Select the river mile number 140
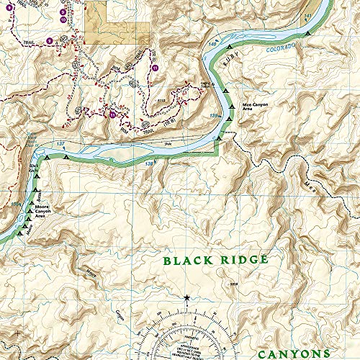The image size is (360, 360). (212, 46)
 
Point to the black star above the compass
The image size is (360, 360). (186, 297)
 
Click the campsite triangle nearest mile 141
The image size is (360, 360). (307, 33)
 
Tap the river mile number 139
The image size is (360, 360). (214, 116)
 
